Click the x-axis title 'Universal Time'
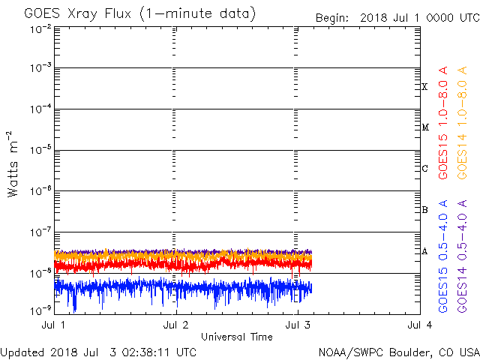(237, 337)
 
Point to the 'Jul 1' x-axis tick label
(54, 325)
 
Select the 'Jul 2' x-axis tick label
(175, 325)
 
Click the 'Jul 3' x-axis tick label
(298, 325)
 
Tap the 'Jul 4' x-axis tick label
(419, 325)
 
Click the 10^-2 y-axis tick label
(40, 29)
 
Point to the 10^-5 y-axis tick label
(40, 149)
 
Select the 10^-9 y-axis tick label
(40, 310)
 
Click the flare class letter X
(424, 87)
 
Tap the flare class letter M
(424, 127)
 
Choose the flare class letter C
(424, 169)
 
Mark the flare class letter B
(424, 210)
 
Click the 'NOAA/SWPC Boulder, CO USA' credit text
(398, 352)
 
